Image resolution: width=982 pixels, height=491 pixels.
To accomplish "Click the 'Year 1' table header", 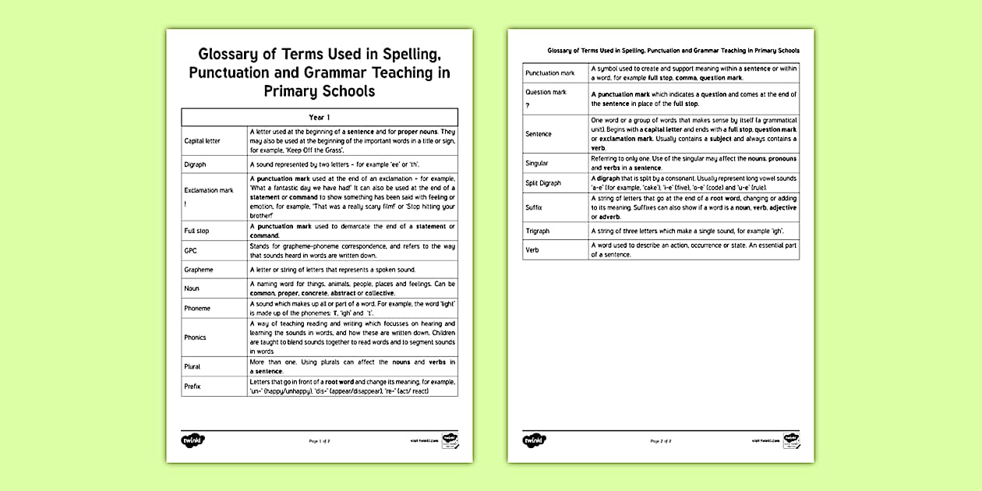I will click(x=320, y=117).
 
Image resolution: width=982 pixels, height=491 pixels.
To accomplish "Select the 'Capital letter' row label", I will click(x=202, y=141).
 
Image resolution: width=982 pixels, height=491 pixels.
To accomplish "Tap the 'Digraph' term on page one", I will click(x=195, y=164).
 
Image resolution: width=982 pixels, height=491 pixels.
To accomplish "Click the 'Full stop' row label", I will click(x=196, y=231).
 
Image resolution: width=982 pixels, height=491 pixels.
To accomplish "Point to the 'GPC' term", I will click(x=190, y=250).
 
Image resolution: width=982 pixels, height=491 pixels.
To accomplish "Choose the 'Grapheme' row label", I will click(x=198, y=270).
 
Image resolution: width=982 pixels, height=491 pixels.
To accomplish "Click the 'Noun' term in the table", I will click(x=192, y=288).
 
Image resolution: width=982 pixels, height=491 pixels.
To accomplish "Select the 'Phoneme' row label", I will click(x=197, y=308).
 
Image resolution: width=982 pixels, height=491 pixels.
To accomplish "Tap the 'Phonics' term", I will click(x=195, y=337).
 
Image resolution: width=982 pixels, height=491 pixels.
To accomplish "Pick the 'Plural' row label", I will click(x=192, y=366).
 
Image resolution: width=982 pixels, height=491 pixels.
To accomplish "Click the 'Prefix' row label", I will click(x=192, y=386).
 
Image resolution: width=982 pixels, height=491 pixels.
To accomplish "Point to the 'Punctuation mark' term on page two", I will click(x=549, y=73).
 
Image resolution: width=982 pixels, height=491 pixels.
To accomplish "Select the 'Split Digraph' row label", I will click(x=542, y=183).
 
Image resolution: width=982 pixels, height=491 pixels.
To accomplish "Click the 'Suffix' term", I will click(x=534, y=208).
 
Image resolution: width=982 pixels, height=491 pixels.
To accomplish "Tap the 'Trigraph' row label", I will click(x=539, y=231).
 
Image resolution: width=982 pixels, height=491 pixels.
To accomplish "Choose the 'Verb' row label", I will click(x=532, y=250).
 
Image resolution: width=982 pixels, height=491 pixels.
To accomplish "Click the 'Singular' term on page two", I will click(x=536, y=164).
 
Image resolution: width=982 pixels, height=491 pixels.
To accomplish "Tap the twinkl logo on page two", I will click(x=533, y=440).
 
